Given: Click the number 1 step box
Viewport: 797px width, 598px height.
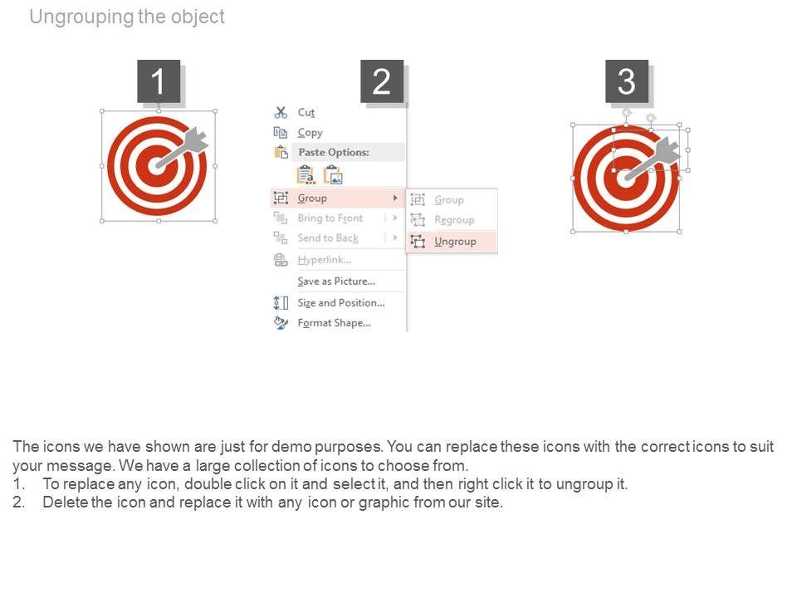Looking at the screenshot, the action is (159, 81).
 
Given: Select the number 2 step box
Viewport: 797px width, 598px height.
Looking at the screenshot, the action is (382, 81).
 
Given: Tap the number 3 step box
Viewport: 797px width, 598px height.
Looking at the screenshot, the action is (627, 81).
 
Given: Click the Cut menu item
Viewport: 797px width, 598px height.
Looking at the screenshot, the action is (306, 112).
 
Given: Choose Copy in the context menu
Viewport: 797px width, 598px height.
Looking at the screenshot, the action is (310, 133).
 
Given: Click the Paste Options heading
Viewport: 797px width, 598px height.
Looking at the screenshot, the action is (334, 152).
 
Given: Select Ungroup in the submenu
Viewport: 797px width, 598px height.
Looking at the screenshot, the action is (455, 242).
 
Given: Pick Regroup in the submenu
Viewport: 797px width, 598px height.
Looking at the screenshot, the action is (454, 219).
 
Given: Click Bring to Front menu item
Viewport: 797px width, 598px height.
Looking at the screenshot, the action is (330, 218).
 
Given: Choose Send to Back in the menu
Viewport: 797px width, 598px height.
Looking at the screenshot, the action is (328, 238).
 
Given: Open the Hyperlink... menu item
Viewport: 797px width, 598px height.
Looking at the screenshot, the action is (325, 260).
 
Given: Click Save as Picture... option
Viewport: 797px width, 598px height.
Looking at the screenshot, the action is (336, 282).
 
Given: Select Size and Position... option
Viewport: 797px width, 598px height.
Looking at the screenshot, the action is (341, 303).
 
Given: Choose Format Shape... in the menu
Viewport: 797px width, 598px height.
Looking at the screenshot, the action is (334, 323).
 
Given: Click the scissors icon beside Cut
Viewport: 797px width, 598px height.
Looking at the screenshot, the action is (281, 112).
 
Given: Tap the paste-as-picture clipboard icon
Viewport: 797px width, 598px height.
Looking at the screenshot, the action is (334, 175).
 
